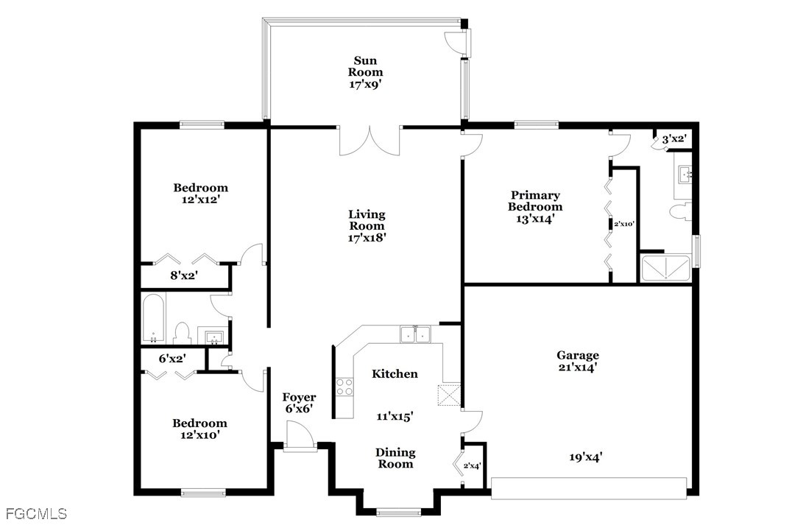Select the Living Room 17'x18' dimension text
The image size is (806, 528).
coord(367,238)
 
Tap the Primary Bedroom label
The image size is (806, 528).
coord(535,201)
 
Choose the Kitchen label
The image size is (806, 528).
coord(395,374)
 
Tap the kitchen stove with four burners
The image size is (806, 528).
coord(344,386)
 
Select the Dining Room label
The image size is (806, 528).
coord(396,458)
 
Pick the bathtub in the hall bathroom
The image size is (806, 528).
coord(153,320)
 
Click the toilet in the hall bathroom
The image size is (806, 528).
coord(182,334)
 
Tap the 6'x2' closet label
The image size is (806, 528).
coord(172,359)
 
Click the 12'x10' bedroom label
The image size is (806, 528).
coord(199,429)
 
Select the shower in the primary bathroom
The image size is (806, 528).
coord(666,268)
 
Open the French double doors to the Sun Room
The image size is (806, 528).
coord(369,139)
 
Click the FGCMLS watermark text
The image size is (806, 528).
coord(35,513)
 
